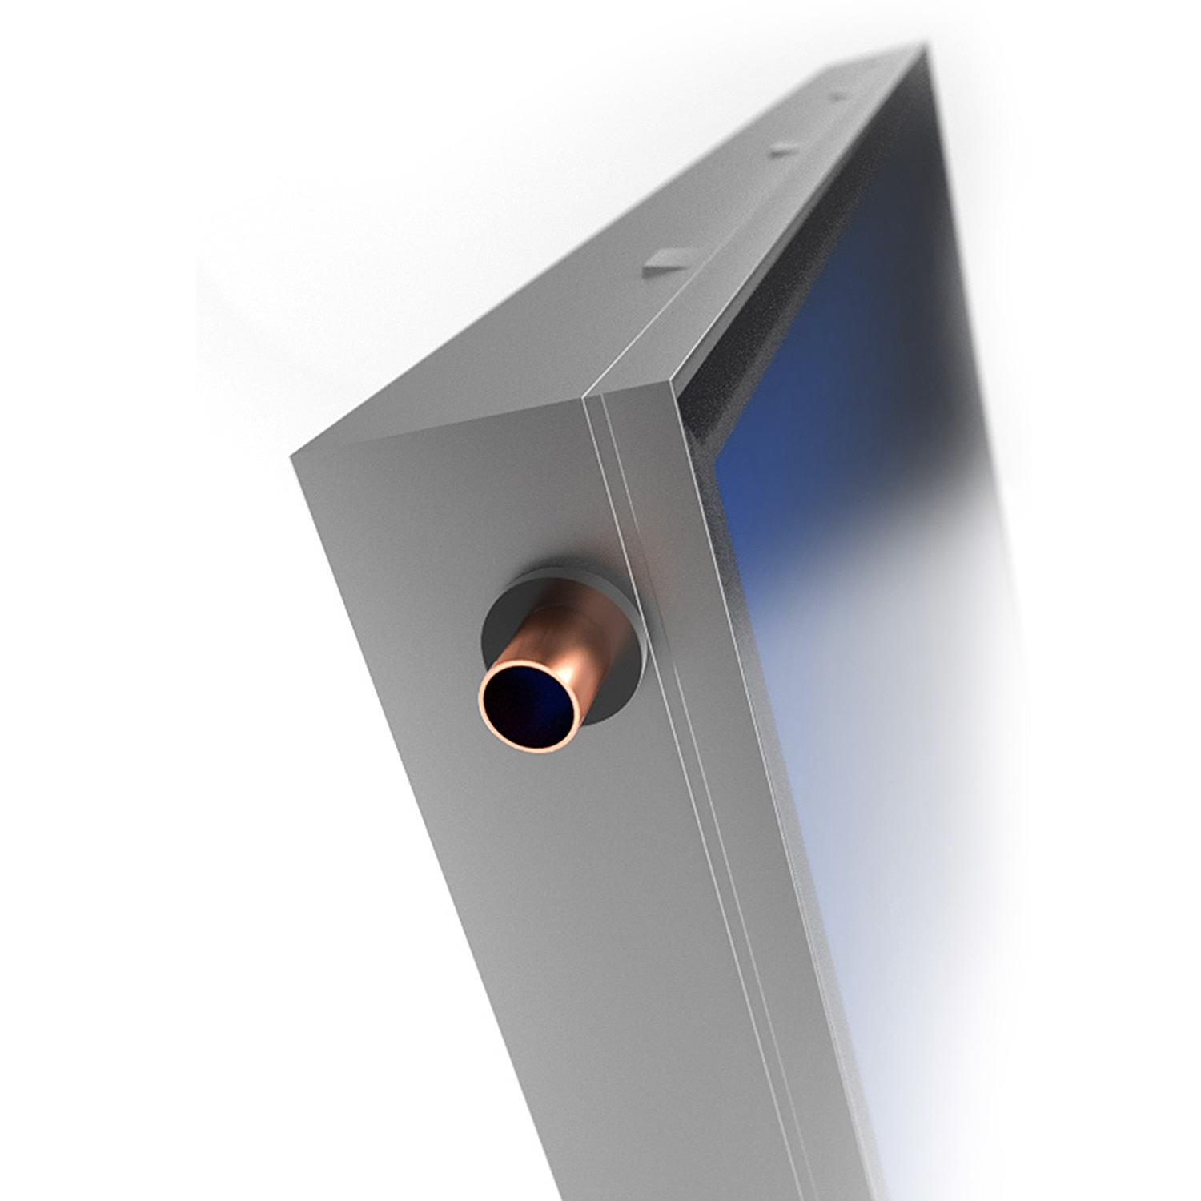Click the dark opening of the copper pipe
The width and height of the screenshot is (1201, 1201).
tap(529, 705)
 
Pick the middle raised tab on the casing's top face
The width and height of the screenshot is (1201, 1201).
tap(784, 149)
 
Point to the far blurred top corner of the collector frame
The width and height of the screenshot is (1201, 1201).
tap(921, 52)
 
